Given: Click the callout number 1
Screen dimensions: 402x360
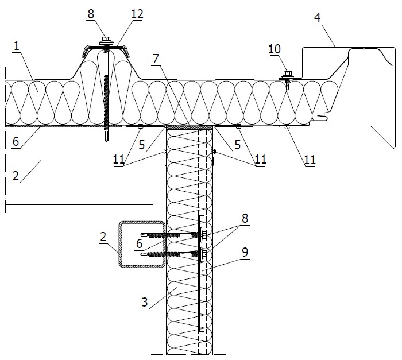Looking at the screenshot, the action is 17,46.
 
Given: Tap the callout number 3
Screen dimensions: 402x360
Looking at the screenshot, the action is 145,302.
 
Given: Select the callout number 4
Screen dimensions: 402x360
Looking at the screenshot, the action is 318,18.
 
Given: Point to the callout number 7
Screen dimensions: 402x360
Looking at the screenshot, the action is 156,59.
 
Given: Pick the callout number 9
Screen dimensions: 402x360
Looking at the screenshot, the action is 245,252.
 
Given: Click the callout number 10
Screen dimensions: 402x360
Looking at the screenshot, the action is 275,49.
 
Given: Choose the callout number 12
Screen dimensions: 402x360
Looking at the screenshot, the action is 137,14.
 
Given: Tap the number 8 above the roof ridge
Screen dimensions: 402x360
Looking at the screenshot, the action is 91,14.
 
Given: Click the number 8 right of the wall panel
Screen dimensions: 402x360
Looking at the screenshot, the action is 245,218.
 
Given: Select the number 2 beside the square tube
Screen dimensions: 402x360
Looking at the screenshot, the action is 103,237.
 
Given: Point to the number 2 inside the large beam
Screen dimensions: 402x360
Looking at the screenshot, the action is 16,176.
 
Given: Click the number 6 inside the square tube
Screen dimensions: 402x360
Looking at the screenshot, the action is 139,243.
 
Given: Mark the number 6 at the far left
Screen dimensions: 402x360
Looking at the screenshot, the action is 16,141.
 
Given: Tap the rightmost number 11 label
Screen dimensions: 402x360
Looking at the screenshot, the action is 310,160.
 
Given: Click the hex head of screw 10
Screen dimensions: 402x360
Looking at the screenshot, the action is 287,74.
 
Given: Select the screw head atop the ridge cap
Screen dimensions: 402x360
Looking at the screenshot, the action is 105,39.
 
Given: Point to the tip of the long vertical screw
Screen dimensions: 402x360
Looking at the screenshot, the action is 106,141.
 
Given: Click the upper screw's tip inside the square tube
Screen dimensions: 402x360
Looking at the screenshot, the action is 141,234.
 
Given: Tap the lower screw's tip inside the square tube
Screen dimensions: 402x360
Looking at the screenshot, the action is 141,254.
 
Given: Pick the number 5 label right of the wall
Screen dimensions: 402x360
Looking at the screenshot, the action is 238,145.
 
